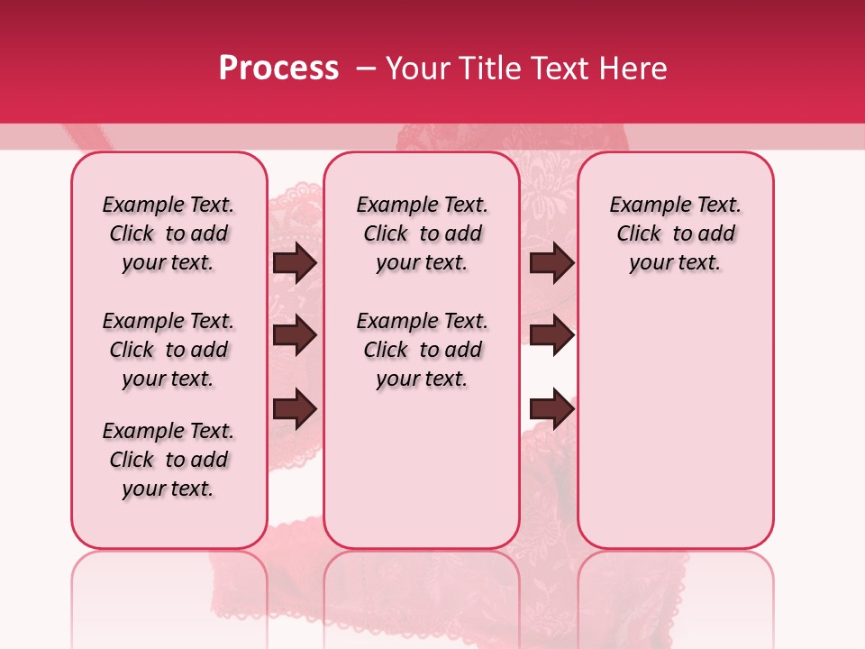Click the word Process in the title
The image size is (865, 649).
click(278, 69)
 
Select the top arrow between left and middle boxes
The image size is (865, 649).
click(295, 263)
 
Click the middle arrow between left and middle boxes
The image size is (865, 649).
click(295, 336)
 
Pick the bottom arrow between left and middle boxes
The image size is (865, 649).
click(295, 410)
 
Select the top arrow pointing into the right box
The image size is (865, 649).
click(551, 263)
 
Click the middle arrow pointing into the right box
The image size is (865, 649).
click(551, 336)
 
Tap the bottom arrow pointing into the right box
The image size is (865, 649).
click(551, 410)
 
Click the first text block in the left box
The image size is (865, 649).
click(168, 233)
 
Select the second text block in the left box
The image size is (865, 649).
click(168, 350)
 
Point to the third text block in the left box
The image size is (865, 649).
click(168, 460)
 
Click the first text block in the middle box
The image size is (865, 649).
click(422, 233)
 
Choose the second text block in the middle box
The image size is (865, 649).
click(422, 350)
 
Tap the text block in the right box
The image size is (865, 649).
click(675, 233)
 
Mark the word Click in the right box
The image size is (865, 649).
click(639, 234)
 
